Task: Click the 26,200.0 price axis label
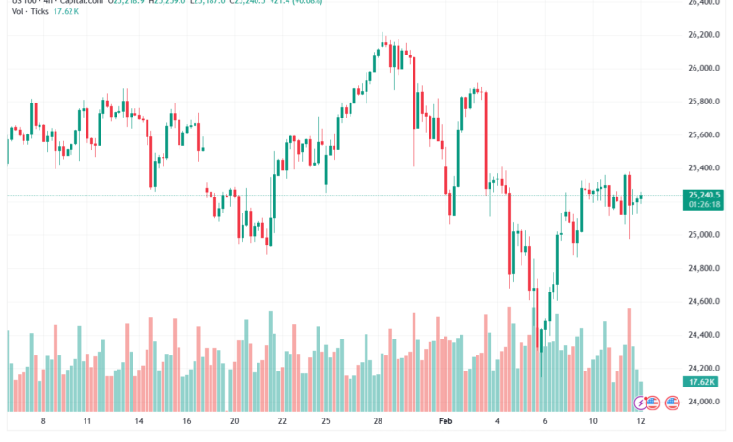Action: (x=705, y=35)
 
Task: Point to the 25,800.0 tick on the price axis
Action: (x=705, y=102)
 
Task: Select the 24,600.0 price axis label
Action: (x=705, y=302)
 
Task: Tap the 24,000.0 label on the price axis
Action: (x=705, y=402)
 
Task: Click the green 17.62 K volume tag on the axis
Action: (x=702, y=382)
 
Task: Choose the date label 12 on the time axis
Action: (x=639, y=423)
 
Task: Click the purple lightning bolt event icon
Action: (x=642, y=403)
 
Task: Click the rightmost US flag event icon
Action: (x=672, y=403)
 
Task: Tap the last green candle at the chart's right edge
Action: (x=642, y=197)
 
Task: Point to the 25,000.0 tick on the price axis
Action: (x=705, y=235)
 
